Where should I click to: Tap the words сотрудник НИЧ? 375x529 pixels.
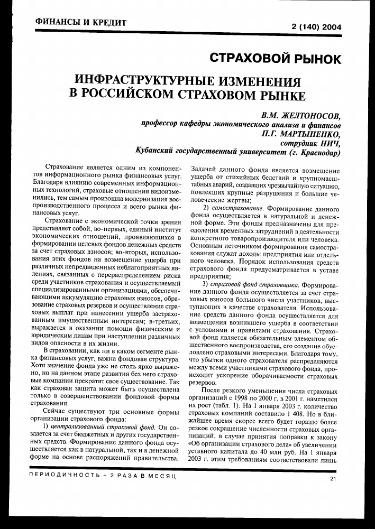coord(310,144)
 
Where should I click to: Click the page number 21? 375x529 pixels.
coord(333,479)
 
